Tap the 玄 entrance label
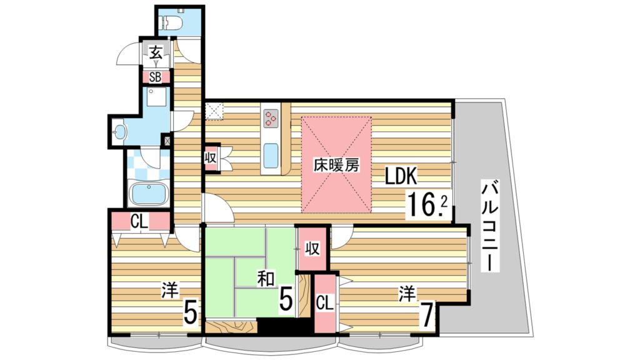tap(156, 54)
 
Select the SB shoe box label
tap(156, 77)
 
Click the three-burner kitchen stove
tap(271, 117)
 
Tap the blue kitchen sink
tap(271, 156)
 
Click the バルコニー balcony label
tap(492, 225)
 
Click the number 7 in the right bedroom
tap(427, 316)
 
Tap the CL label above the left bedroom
tap(139, 221)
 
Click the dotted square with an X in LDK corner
tap(215, 111)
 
